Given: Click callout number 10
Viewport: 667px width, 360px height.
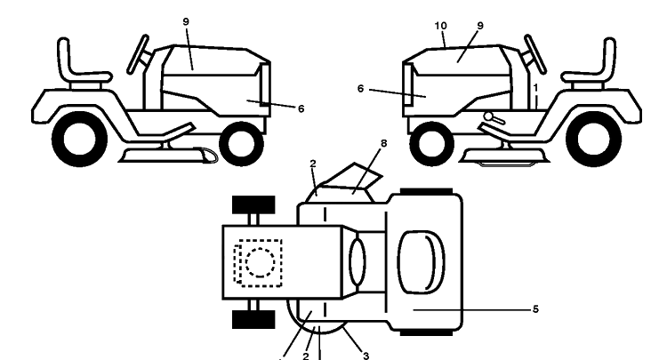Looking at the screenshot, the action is [x=441, y=26].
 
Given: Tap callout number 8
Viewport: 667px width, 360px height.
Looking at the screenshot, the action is [x=383, y=144].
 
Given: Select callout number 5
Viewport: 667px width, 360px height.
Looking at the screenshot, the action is [x=535, y=309].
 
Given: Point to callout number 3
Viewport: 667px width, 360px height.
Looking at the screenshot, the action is [x=366, y=356].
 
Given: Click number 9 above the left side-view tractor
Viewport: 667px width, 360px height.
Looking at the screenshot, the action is [x=186, y=21].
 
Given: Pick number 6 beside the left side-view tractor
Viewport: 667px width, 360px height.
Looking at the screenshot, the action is [x=301, y=108].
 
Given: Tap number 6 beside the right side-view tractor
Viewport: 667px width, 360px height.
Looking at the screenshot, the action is [x=361, y=89].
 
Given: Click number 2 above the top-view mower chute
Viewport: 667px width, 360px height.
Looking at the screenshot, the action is [x=314, y=164].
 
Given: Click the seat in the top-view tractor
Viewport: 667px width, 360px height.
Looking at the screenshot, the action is [x=421, y=262].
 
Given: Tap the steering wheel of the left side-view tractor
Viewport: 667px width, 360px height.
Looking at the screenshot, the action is [x=138, y=54].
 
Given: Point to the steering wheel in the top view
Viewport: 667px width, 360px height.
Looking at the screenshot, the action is [x=357, y=262].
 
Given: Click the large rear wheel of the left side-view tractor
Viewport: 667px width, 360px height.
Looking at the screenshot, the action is [x=79, y=139].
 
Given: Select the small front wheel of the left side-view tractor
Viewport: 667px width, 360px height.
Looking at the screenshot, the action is [x=241, y=144].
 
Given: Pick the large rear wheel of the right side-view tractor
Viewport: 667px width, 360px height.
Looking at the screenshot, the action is [x=593, y=139].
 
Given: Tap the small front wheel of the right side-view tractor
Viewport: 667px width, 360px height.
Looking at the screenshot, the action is [x=431, y=144].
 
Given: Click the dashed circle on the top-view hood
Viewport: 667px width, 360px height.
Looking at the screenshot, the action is [x=260, y=262].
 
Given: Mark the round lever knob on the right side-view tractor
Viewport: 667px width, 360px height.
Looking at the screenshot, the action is [x=488, y=116].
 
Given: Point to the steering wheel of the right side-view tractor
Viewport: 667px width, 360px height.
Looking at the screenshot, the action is [x=535, y=54].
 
